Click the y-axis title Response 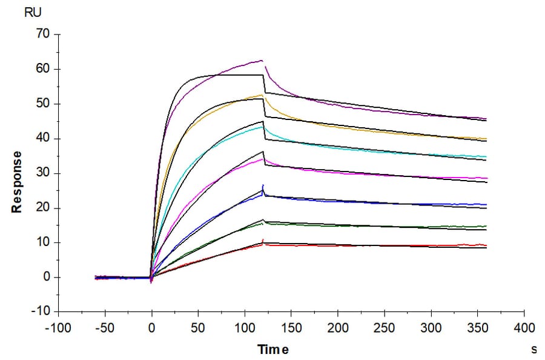[x=17, y=182]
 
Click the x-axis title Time [x=273, y=350]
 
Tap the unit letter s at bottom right [x=534, y=350]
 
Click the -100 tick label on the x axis [x=59, y=328]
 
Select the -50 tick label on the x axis [x=105, y=328]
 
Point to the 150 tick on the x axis [x=291, y=328]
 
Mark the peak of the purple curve [x=262, y=60]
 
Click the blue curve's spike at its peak [x=263, y=185]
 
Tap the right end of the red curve [x=486, y=245]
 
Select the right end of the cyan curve [x=486, y=157]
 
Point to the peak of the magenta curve [x=262, y=159]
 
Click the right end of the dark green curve [x=486, y=226]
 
